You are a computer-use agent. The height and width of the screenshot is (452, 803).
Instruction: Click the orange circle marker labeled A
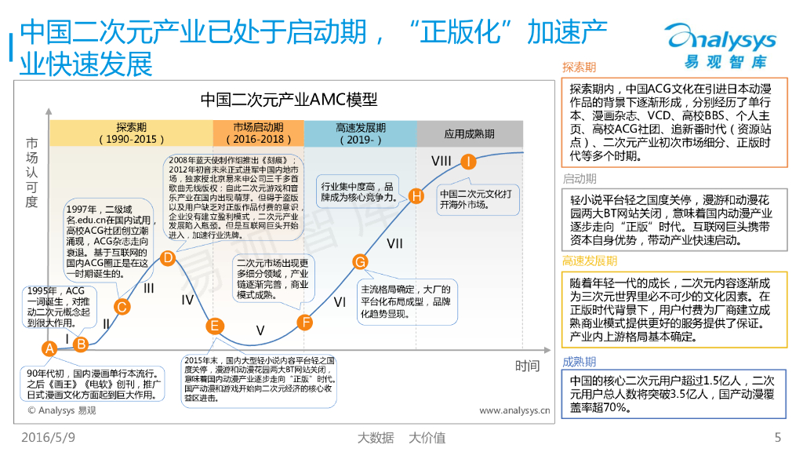click(x=49, y=348)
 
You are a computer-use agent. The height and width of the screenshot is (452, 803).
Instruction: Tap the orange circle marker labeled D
click(x=167, y=257)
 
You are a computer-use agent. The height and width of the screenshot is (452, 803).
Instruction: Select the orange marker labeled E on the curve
click(x=215, y=326)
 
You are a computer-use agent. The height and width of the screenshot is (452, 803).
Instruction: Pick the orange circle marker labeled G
click(x=360, y=262)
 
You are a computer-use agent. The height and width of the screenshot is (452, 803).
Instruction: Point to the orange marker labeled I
click(x=468, y=162)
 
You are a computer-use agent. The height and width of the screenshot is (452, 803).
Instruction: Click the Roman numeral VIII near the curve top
click(x=441, y=162)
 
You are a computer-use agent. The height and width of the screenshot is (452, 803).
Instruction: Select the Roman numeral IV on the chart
click(x=187, y=299)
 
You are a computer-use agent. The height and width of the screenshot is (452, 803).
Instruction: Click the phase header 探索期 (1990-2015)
click(x=131, y=133)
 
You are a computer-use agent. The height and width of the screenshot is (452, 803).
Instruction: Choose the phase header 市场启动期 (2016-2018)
click(x=258, y=133)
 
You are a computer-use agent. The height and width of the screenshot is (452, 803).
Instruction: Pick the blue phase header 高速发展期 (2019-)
click(x=360, y=133)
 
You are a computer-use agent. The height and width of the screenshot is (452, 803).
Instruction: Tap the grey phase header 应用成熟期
click(x=469, y=134)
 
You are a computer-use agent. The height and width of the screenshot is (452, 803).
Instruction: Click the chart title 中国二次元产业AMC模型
click(x=289, y=100)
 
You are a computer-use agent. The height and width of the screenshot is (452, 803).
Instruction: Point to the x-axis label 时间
click(x=527, y=366)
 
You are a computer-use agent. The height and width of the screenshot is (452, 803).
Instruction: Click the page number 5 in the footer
click(x=777, y=437)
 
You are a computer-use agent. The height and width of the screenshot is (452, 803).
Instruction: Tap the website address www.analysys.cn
click(x=514, y=410)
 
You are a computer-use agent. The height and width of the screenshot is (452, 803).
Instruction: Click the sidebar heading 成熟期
click(x=579, y=362)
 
